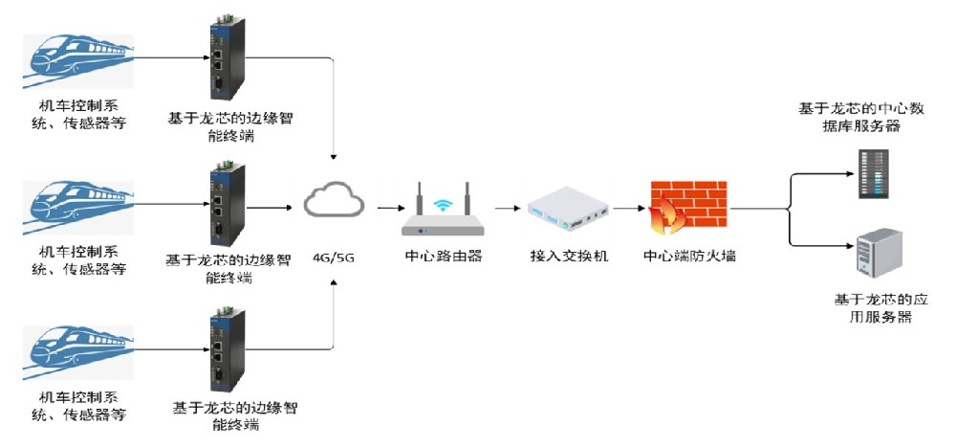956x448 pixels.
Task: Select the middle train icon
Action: (78, 208)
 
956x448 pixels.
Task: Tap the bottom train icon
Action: (78, 353)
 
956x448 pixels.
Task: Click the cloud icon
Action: (334, 199)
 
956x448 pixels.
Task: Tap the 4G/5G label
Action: (333, 257)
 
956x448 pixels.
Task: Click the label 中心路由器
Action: (444, 256)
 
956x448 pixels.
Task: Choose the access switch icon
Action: (568, 210)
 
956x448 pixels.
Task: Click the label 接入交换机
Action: (569, 256)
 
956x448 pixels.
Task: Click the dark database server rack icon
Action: (875, 174)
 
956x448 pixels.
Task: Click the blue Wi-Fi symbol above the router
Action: (443, 205)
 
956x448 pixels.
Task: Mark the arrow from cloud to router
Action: (386, 209)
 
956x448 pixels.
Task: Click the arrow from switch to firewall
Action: (629, 208)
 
